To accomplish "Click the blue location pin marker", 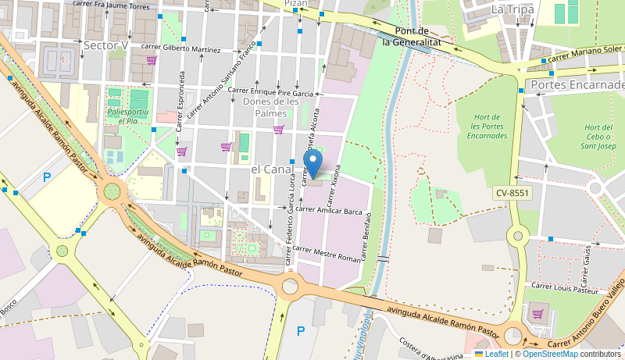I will pyautogui.click(x=313, y=164).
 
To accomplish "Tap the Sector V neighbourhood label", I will pyautogui.click(x=105, y=45).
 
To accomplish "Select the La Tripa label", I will pyautogui.click(x=512, y=9).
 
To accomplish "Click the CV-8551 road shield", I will pyautogui.click(x=512, y=193).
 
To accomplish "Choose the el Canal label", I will pyautogui.click(x=272, y=169).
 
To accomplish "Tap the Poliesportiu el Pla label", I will pyautogui.click(x=128, y=116).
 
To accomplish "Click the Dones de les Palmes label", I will pyautogui.click(x=271, y=107).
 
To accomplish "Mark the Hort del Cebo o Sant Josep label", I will pyautogui.click(x=599, y=137).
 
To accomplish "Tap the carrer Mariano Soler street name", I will pyautogui.click(x=584, y=55).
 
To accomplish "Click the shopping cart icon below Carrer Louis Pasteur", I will pyautogui.click(x=537, y=314).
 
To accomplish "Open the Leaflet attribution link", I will pyautogui.click(x=491, y=354).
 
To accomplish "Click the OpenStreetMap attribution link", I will pyautogui.click(x=550, y=354).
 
